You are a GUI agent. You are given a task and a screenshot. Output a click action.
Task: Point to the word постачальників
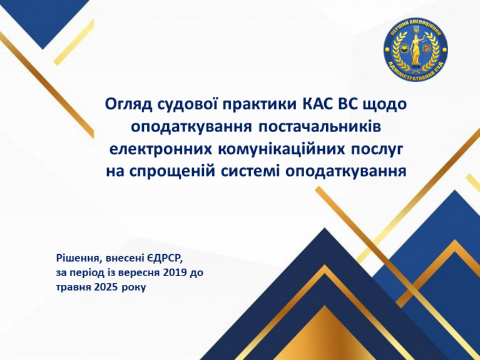click(x=320, y=127)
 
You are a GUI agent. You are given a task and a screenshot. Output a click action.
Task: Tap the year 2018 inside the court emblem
click(x=416, y=67)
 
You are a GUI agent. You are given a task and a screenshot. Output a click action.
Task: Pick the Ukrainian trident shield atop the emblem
click(x=416, y=29)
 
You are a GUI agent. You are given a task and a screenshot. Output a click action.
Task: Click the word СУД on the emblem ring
click(x=434, y=69)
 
